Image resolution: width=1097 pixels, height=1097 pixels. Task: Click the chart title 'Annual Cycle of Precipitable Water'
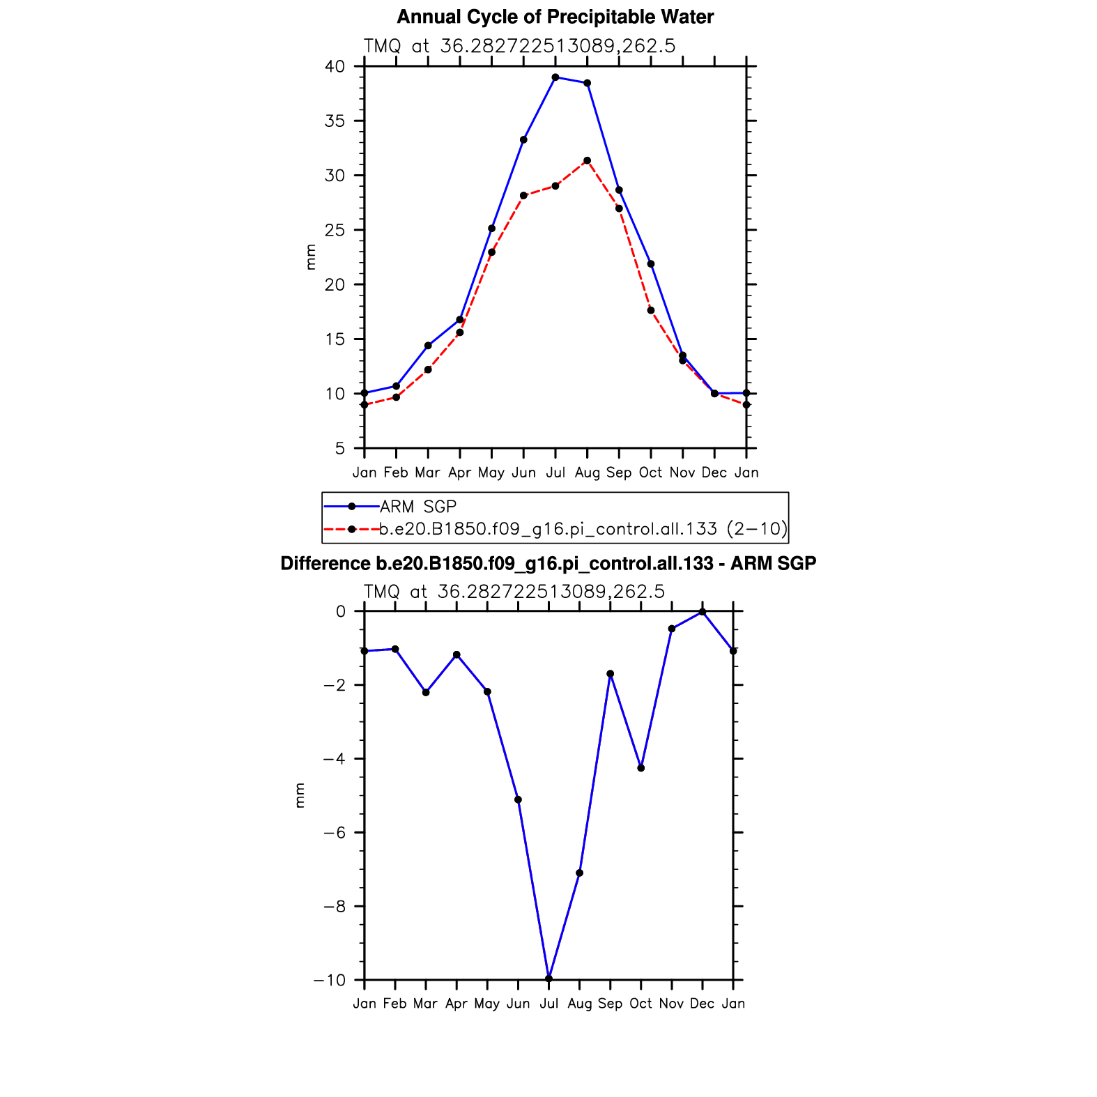555,17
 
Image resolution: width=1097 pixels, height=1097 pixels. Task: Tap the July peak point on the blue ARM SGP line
555,77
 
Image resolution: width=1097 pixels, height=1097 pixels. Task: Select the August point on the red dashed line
588,161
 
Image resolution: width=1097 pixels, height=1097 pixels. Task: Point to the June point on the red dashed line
523,196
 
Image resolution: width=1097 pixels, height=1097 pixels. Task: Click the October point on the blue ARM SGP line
651,264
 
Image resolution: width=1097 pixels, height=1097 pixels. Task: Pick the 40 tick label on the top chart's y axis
335,67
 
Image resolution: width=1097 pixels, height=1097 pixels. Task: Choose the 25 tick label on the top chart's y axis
335,230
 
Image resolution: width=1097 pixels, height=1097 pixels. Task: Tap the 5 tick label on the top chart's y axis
339,448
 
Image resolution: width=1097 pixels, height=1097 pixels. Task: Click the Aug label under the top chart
588,473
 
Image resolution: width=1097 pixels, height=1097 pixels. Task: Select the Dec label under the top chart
714,473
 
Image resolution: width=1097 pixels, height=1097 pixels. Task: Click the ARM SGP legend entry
418,507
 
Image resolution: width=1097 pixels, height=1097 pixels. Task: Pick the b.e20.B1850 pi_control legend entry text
583,530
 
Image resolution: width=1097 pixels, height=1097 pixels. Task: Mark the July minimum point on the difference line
549,979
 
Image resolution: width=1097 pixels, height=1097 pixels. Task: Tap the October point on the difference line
641,768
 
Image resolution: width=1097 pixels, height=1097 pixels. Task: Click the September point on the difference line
611,674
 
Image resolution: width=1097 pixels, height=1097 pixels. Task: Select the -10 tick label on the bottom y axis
329,981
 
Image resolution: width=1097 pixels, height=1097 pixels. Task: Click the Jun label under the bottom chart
518,1004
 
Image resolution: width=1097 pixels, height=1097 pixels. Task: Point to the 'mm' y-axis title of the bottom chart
300,795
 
